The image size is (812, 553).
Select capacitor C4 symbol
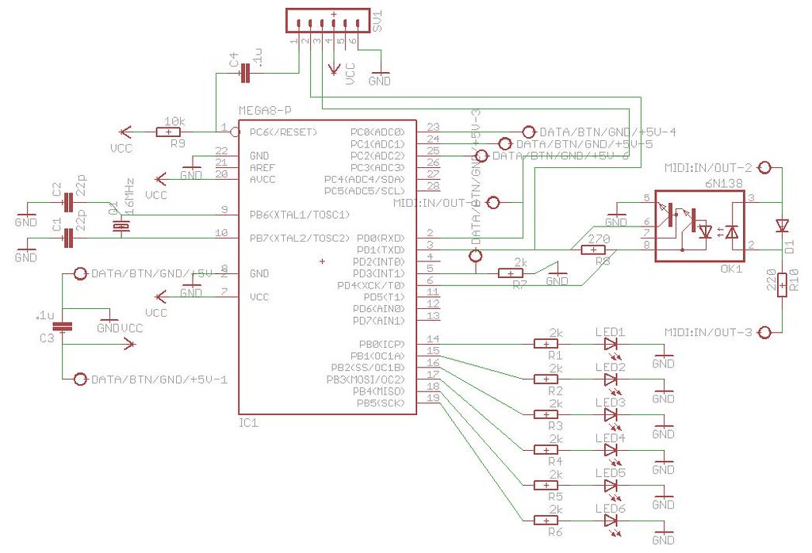point(245,74)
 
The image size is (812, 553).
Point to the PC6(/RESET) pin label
point(283,132)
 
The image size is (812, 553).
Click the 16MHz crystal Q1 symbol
point(120,227)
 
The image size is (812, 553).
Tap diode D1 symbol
point(782,226)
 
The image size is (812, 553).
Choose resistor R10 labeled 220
point(782,282)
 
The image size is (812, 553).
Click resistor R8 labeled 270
point(594,250)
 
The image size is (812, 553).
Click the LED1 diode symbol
point(611,345)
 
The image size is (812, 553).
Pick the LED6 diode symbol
point(611,521)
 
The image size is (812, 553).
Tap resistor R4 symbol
point(546,450)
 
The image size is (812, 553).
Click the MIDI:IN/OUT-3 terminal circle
point(765,332)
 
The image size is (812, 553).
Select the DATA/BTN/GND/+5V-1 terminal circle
point(79,379)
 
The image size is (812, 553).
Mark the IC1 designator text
point(248,423)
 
